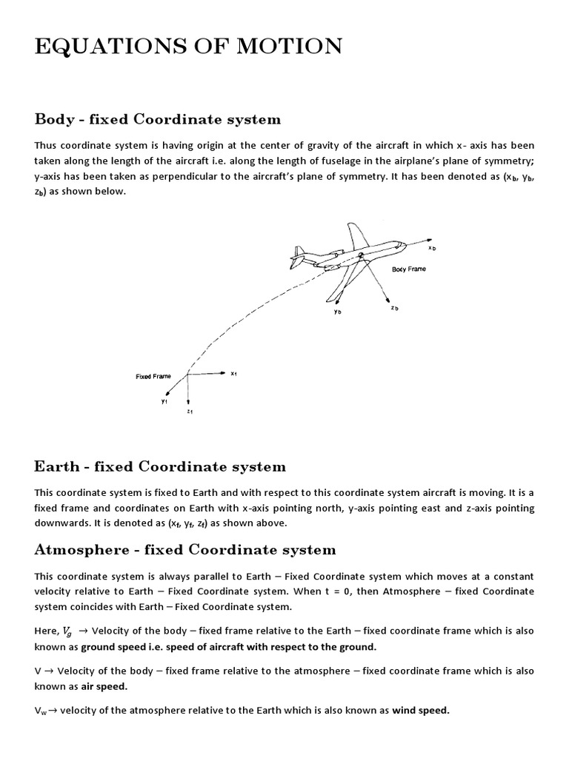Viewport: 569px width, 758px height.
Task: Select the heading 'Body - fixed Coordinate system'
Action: pyautogui.click(x=158, y=119)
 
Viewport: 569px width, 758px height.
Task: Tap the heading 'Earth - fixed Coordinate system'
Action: pyautogui.click(x=159, y=466)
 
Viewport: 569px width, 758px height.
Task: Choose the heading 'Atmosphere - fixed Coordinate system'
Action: pyautogui.click(x=185, y=549)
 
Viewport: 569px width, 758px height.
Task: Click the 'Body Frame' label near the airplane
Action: pyautogui.click(x=409, y=269)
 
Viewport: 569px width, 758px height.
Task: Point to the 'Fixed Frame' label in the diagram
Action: pyautogui.click(x=153, y=376)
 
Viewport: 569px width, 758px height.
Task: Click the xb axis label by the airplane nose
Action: pyautogui.click(x=433, y=248)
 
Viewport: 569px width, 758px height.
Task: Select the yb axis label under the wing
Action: pyautogui.click(x=337, y=312)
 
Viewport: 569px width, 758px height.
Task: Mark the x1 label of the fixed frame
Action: pyautogui.click(x=233, y=374)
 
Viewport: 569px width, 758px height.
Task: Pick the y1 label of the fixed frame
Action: pyautogui.click(x=164, y=401)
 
